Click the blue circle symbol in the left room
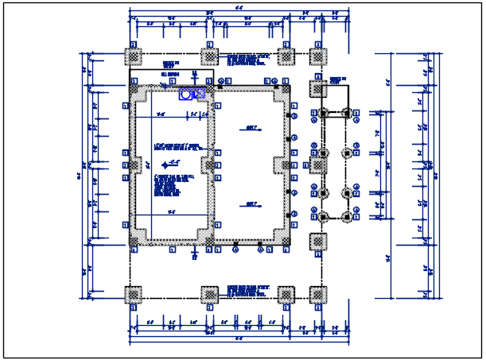coord(185,94)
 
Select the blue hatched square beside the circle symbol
coord(200,94)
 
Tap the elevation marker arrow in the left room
coord(167,165)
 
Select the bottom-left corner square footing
coord(134,296)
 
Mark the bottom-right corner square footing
coord(317,296)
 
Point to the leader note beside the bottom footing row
coord(248,291)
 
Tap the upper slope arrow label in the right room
coord(251,127)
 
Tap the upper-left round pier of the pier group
coord(324,114)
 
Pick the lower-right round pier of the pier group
coord(347,216)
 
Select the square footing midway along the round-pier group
coord(317,165)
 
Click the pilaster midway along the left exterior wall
coord(134,165)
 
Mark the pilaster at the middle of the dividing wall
coord(209,165)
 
